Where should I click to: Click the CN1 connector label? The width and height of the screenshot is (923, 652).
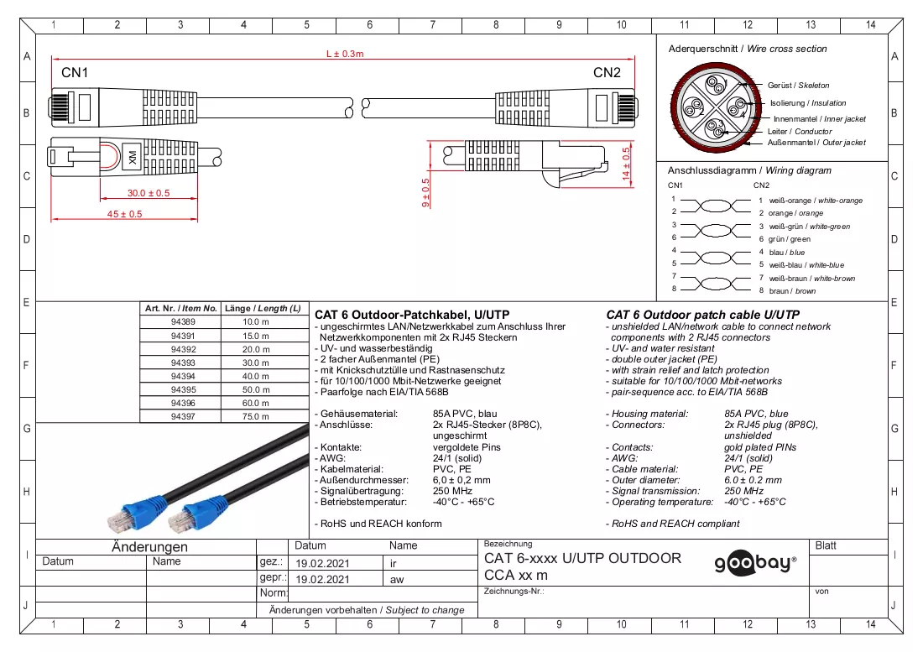(75, 72)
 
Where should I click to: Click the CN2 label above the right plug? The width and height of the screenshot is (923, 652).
(607, 72)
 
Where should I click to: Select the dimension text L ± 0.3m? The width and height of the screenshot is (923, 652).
(345, 54)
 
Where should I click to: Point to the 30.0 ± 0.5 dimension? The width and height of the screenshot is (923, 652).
(149, 193)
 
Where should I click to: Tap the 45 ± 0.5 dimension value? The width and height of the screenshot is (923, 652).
(124, 214)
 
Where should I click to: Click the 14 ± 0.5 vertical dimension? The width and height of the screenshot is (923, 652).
(626, 163)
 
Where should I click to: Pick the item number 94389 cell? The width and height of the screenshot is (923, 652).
(183, 322)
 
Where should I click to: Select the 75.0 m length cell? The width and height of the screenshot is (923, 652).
(255, 416)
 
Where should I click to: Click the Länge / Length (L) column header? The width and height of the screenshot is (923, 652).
(263, 308)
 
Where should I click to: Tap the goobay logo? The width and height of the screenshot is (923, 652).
(756, 564)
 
